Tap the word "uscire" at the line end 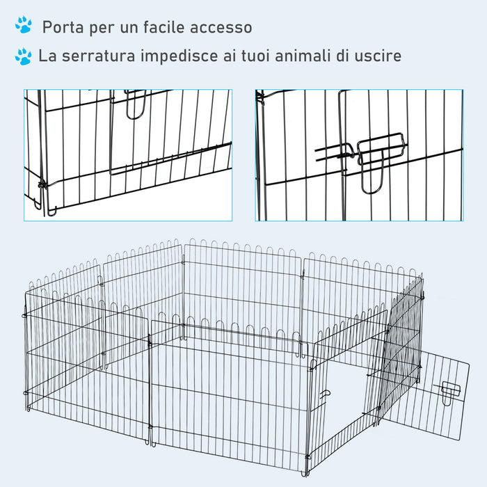[376, 56]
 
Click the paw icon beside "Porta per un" [23, 26]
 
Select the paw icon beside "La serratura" [23, 56]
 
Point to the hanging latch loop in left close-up [136, 104]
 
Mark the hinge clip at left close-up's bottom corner [43, 184]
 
